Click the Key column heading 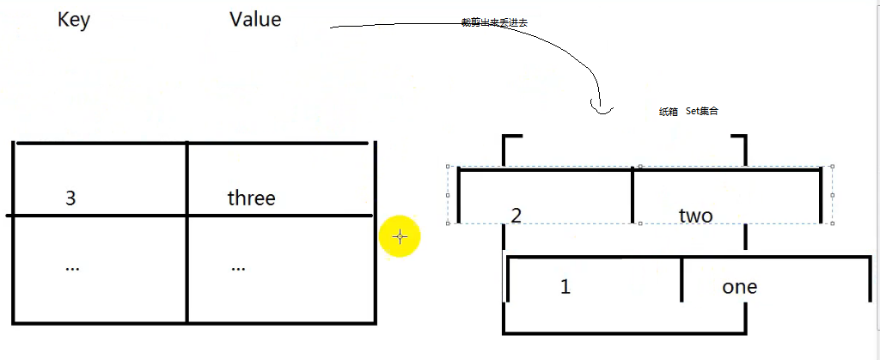point(74,20)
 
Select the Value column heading point(255,19)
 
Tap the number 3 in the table point(70,198)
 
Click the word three point(251,198)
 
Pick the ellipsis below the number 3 point(72,267)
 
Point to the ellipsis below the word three point(238,267)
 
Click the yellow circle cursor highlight point(400,236)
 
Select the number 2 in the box point(516,215)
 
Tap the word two point(695,216)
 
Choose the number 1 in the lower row point(565,287)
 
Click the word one point(739,287)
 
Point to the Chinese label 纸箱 point(668,112)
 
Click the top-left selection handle point(448,167)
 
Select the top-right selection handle point(832,167)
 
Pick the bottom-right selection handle point(832,223)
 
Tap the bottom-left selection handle point(448,223)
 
